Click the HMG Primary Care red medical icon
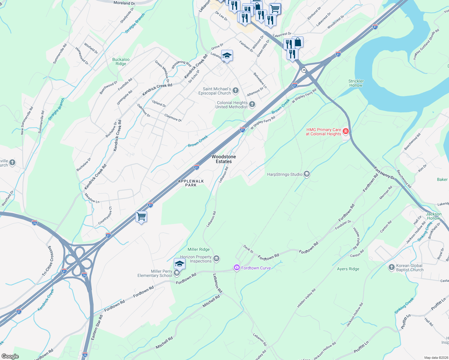pyautogui.click(x=345, y=131)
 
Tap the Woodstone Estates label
pyautogui.click(x=224, y=159)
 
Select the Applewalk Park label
pyautogui.click(x=191, y=183)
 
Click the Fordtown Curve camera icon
pyautogui.click(x=237, y=268)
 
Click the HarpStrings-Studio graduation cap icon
pyautogui.click(x=306, y=174)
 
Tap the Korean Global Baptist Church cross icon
pyautogui.click(x=391, y=267)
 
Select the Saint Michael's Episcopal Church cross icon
pyautogui.click(x=236, y=90)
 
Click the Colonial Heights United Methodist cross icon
pyautogui.click(x=252, y=104)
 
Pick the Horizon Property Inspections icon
pyautogui.click(x=216, y=258)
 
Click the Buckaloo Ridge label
pyautogui.click(x=121, y=61)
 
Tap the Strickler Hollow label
pyautogui.click(x=356, y=83)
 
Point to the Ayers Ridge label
pyautogui.click(x=348, y=269)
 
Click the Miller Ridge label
pyautogui.click(x=199, y=249)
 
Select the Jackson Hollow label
pyautogui.click(x=434, y=216)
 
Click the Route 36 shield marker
pyautogui.click(x=304, y=70)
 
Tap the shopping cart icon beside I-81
pyautogui.click(x=141, y=216)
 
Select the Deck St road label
pyautogui.click(x=249, y=249)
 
